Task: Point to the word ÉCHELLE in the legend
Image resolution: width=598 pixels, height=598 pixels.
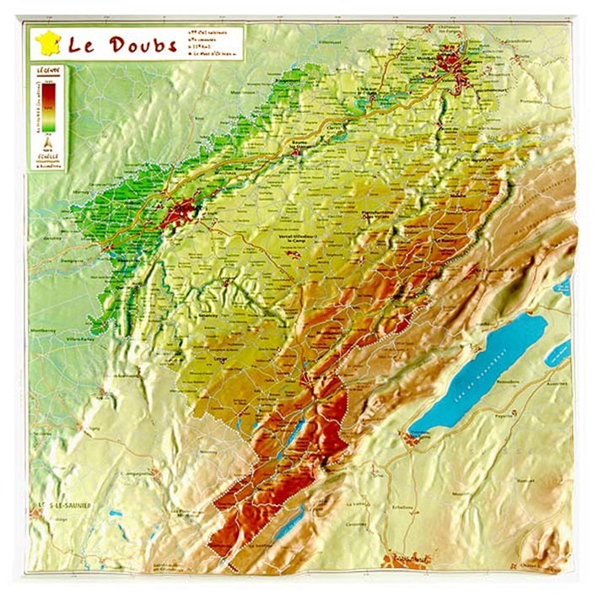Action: click(46, 155)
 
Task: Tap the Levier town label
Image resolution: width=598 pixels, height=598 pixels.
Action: click(222, 358)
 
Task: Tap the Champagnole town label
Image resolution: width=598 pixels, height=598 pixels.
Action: click(139, 474)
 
